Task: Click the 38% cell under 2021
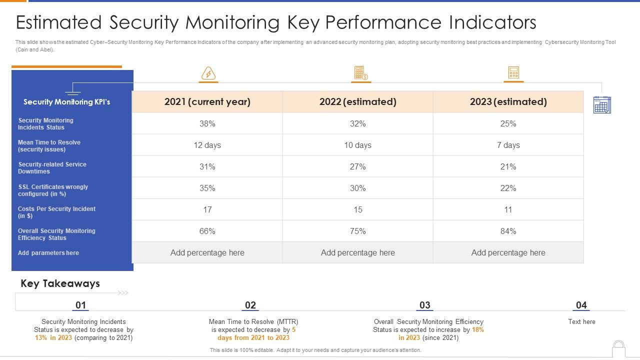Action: [207, 123]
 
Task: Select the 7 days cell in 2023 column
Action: [508, 145]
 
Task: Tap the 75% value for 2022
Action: [357, 231]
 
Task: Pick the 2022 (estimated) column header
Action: [357, 102]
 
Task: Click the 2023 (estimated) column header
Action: [508, 102]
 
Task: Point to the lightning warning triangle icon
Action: [208, 74]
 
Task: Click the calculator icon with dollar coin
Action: [360, 73]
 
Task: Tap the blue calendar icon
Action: [602, 105]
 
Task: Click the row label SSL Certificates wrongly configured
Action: [52, 190]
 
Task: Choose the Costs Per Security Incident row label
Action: [56, 212]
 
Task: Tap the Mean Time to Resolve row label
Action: [49, 146]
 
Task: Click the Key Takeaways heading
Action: [60, 283]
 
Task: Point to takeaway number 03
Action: [424, 305]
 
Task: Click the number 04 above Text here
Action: [581, 305]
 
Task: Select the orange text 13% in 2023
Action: [53, 338]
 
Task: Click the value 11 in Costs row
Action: [508, 209]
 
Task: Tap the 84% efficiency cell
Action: [508, 231]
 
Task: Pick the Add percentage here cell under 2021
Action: [207, 252]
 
